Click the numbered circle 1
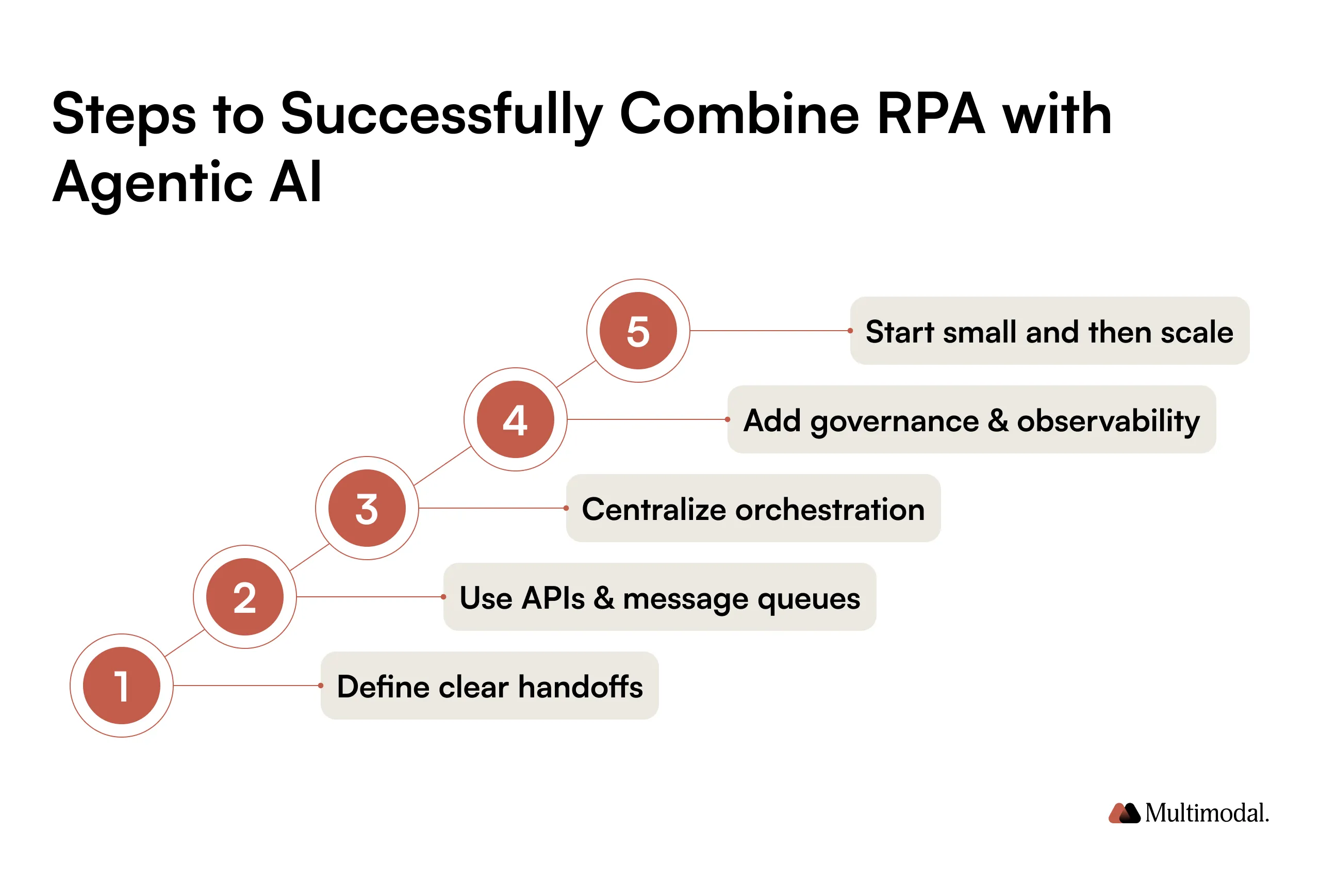121,685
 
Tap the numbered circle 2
244,597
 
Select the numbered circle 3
367,508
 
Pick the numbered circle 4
515,419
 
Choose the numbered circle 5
638,331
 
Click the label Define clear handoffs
489,686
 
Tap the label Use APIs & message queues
659,597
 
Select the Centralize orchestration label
753,509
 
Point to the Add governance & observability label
971,420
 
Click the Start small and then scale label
1049,331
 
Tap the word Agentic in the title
153,183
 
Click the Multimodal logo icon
1124,812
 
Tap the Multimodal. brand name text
1207,812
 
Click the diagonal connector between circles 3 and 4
441,466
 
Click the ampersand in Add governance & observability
997,420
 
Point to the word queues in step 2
808,598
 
